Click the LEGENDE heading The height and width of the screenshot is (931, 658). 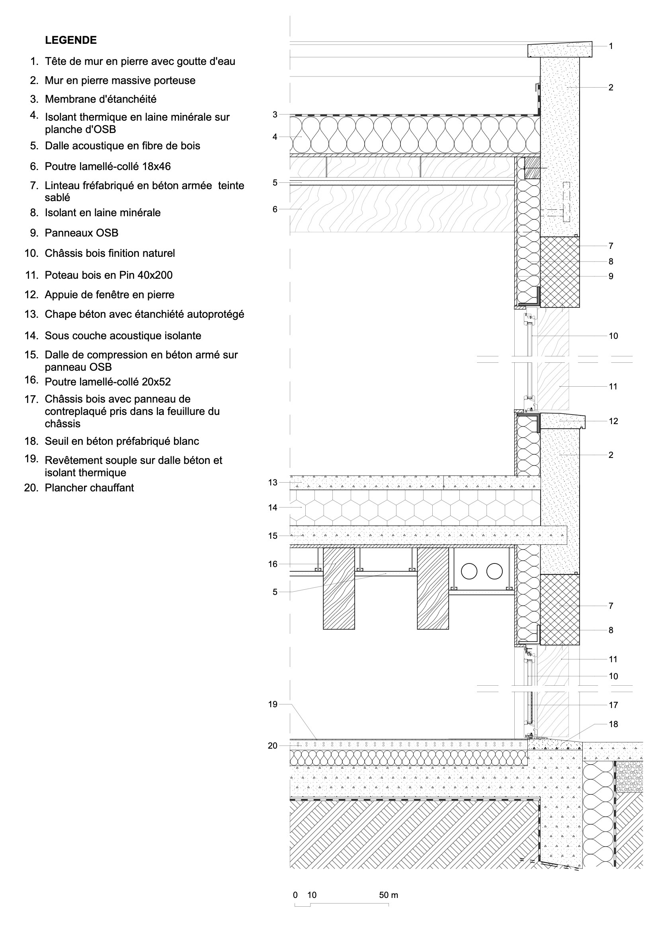70,40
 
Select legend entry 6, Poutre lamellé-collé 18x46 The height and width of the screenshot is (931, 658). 107,166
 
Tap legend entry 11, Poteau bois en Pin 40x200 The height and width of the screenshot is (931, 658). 108,275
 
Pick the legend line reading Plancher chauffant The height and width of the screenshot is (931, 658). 89,487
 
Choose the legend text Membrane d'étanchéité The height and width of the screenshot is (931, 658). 101,99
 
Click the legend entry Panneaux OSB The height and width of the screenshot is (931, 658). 82,233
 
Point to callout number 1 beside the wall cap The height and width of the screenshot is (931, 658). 611,46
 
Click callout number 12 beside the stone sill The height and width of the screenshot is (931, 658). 613,421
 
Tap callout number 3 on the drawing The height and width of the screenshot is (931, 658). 275,115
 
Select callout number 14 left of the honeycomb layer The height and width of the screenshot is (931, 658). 272,507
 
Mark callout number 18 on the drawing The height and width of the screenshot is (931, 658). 613,724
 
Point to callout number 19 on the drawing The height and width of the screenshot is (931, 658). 272,704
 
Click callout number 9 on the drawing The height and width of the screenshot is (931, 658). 611,276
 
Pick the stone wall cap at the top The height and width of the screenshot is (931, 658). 560,49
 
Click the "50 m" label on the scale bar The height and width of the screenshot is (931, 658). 389,895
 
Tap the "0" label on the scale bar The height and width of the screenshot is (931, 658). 295,895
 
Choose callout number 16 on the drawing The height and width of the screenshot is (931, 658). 272,564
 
